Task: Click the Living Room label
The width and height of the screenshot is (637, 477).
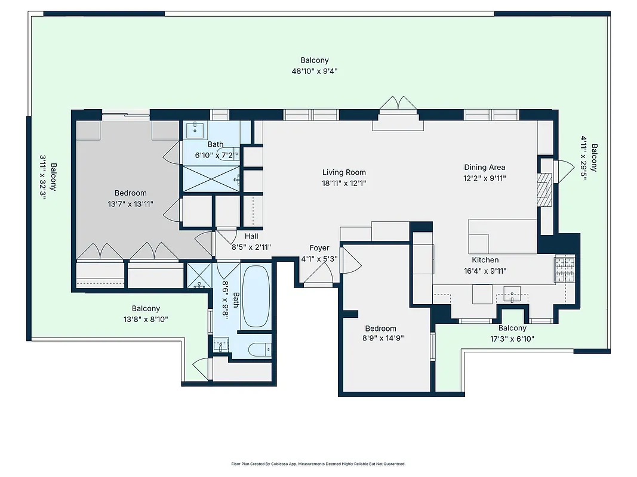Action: click(x=344, y=172)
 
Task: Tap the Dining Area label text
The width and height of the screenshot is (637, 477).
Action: click(x=484, y=168)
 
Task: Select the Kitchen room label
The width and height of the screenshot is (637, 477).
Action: click(x=485, y=260)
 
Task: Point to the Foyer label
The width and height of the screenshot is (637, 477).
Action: click(x=319, y=248)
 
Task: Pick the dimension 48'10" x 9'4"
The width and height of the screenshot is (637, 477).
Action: click(x=314, y=71)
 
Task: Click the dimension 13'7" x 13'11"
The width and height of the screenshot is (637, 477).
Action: click(x=131, y=204)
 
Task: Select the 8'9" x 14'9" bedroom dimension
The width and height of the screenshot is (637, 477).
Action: click(x=381, y=339)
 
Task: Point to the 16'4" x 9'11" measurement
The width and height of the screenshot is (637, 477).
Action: click(x=485, y=271)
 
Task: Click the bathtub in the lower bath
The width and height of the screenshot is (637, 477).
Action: click(x=256, y=296)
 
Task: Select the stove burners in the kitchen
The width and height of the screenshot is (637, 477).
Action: click(x=564, y=269)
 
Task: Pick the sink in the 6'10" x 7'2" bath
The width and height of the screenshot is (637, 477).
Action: click(x=195, y=128)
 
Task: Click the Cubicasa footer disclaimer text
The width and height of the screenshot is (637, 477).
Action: click(x=318, y=464)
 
